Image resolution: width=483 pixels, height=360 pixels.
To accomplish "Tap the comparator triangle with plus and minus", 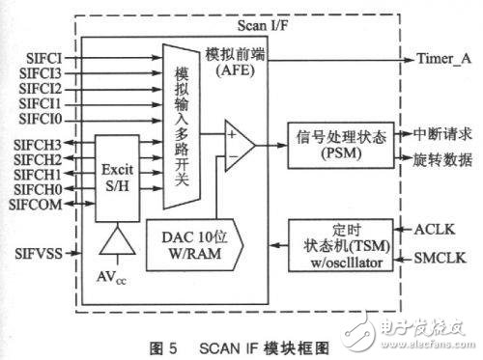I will pyautogui.click(x=235, y=145).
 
